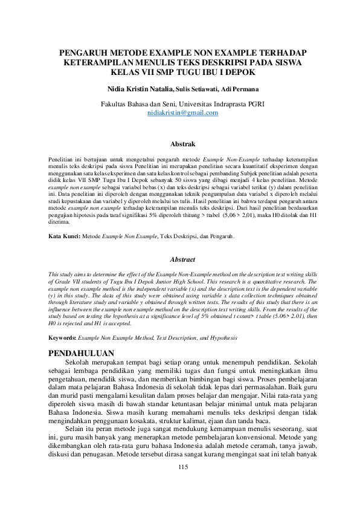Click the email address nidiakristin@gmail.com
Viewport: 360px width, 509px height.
point(182,112)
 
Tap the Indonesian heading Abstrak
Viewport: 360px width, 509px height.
point(182,144)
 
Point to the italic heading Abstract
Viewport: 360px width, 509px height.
point(182,259)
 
